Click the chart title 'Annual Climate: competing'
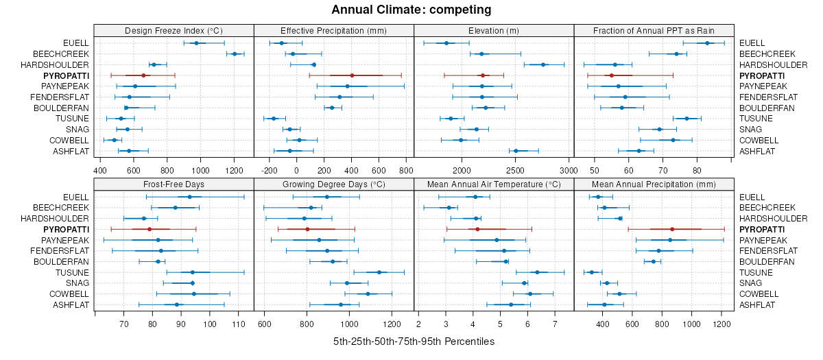pyautogui.click(x=411, y=10)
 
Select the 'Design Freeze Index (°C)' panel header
pyautogui.click(x=174, y=30)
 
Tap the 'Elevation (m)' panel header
pyautogui.click(x=494, y=30)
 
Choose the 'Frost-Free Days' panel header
pyautogui.click(x=174, y=184)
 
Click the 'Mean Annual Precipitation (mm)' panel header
pyautogui.click(x=654, y=184)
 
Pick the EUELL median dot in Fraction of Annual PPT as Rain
pyautogui.click(x=707, y=43)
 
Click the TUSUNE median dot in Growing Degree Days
pyautogui.click(x=379, y=272)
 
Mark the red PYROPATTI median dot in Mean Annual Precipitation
pyautogui.click(x=672, y=229)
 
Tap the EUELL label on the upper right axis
pyautogui.click(x=752, y=43)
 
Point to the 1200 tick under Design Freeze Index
pyautogui.click(x=235, y=170)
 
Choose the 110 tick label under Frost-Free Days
pyautogui.click(x=239, y=324)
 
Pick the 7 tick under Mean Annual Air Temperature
pyautogui.click(x=554, y=324)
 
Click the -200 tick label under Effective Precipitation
pyautogui.click(x=269, y=170)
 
